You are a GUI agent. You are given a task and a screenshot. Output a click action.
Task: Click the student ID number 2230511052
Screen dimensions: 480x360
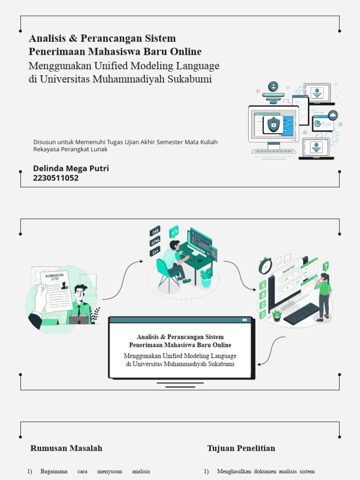tap(56, 178)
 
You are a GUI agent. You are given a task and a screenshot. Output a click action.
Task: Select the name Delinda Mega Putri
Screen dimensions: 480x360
tap(71, 168)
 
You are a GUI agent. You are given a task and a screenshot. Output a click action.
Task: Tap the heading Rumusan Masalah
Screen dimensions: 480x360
tap(66, 448)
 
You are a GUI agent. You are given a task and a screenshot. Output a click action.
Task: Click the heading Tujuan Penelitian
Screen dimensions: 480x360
tap(241, 448)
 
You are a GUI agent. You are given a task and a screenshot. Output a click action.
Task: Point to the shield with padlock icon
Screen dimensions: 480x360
tap(273, 125)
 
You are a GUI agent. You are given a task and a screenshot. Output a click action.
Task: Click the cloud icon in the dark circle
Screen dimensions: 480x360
tap(333, 115)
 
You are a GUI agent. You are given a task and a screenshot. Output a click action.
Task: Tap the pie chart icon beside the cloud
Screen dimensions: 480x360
tap(318, 124)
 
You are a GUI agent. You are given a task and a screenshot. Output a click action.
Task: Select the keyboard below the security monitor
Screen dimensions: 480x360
tap(274, 151)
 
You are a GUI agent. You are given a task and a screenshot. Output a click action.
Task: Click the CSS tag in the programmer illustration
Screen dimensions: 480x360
tap(155, 231)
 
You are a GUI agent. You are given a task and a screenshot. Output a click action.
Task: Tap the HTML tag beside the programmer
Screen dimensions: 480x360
tap(155, 241)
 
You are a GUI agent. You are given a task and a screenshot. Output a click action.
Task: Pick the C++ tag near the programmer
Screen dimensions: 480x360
tap(155, 252)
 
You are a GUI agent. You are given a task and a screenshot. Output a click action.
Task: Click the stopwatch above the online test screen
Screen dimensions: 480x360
tap(265, 266)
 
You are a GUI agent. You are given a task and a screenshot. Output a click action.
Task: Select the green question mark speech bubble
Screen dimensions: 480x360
tap(325, 266)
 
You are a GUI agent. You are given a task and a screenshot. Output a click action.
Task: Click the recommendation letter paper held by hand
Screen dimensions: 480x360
tap(56, 291)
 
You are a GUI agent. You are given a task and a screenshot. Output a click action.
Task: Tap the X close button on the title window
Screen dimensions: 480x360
tap(244, 320)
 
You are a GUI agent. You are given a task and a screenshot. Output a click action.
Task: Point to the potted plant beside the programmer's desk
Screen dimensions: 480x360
tap(206, 277)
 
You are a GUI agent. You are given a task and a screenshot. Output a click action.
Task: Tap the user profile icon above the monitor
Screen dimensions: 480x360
tap(273, 86)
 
